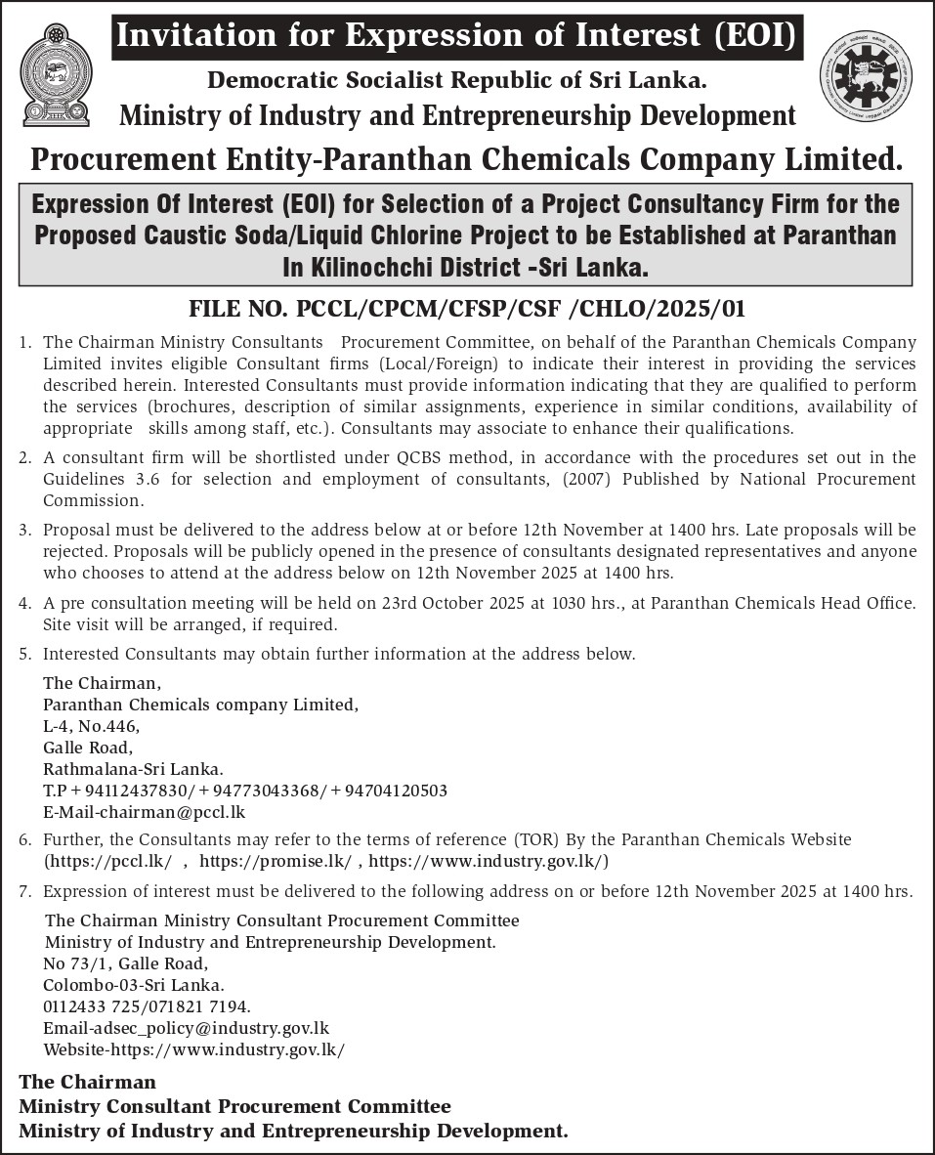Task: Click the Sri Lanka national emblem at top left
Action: click(x=56, y=75)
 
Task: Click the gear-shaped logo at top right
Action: click(x=866, y=76)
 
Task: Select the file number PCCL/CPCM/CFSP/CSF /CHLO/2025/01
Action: click(x=467, y=310)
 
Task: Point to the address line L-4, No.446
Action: click(x=91, y=726)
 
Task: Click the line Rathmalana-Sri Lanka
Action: click(x=133, y=769)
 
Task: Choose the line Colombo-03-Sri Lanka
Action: click(x=134, y=985)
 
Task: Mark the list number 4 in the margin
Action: click(x=23, y=603)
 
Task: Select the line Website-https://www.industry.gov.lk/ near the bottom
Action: click(x=194, y=1049)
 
